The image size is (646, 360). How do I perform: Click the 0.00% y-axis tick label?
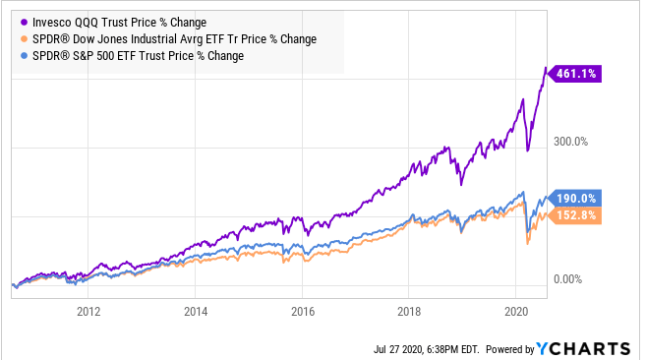pos(571,280)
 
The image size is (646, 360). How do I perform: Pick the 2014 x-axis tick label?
pos(195,313)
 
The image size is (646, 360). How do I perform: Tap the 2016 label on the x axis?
pos(302,313)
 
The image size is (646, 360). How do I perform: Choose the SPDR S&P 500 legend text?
pos(138,57)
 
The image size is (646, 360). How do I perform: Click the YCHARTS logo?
pos(582,348)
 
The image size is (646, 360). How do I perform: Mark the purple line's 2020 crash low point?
pos(528,150)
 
